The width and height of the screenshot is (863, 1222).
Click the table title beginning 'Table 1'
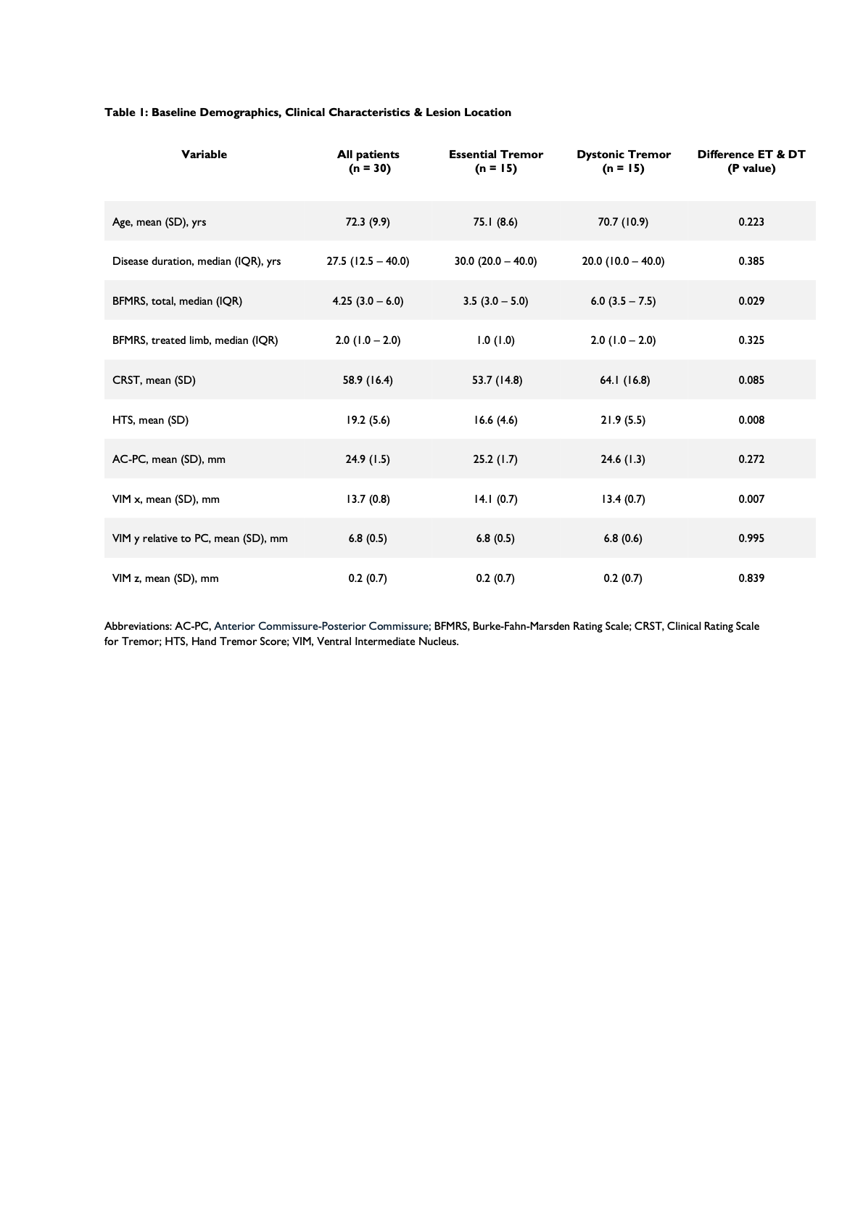click(x=307, y=112)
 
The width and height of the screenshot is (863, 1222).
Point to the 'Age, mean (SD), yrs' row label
click(x=159, y=222)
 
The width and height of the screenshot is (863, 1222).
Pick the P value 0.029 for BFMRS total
click(x=751, y=301)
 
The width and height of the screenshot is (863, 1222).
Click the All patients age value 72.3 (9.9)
click(x=368, y=222)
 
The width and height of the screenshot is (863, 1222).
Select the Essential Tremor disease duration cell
click(x=495, y=261)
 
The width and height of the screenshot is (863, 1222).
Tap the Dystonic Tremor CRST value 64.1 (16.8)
click(x=624, y=380)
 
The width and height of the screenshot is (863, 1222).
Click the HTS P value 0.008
click(x=751, y=420)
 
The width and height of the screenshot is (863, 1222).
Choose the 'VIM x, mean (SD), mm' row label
click(x=165, y=499)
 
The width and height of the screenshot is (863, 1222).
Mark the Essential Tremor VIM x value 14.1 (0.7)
click(x=495, y=499)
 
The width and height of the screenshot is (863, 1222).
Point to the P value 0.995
click(x=751, y=538)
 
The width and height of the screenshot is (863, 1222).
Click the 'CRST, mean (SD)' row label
click(x=154, y=380)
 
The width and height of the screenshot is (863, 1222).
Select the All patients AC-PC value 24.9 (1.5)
click(x=368, y=459)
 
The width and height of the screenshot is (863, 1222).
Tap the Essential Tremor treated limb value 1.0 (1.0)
click(x=495, y=340)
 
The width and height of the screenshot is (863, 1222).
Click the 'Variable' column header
click(x=204, y=155)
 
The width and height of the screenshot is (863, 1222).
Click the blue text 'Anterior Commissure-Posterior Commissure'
click(x=321, y=626)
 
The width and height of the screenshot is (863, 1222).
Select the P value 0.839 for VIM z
click(x=751, y=578)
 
